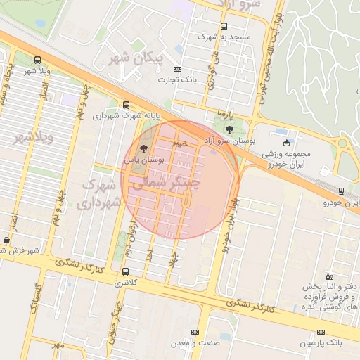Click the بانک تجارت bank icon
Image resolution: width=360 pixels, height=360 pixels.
click(177, 69)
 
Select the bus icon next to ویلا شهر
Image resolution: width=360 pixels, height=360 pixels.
click(37, 60)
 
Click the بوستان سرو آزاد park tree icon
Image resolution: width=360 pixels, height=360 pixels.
click(229, 129)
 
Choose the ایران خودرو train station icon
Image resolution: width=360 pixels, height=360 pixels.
click(341, 191)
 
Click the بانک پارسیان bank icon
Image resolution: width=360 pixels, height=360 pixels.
click(321, 332)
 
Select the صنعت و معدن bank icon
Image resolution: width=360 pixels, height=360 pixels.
click(195, 332)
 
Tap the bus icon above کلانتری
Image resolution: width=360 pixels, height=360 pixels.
click(126, 271)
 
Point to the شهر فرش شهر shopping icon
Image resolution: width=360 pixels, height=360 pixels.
click(6, 240)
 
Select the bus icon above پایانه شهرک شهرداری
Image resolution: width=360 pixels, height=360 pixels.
click(126, 104)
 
